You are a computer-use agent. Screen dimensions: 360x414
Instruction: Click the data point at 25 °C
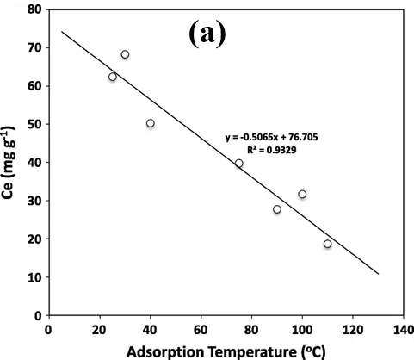[112, 77]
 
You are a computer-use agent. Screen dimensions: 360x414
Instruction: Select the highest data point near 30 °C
[125, 54]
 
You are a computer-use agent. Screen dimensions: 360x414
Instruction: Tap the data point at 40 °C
[150, 123]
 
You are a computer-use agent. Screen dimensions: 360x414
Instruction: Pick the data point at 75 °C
[239, 163]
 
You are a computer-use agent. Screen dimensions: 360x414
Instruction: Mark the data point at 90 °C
[277, 209]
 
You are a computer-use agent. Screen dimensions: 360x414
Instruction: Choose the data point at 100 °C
[302, 194]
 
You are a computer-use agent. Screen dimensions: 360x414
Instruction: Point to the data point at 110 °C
[328, 244]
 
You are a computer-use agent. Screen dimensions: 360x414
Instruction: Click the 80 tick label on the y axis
[34, 9]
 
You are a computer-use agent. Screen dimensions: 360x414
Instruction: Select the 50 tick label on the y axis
[34, 124]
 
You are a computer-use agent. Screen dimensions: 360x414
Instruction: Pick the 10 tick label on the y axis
[34, 277]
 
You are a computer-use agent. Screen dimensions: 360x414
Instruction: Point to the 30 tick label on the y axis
[34, 201]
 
